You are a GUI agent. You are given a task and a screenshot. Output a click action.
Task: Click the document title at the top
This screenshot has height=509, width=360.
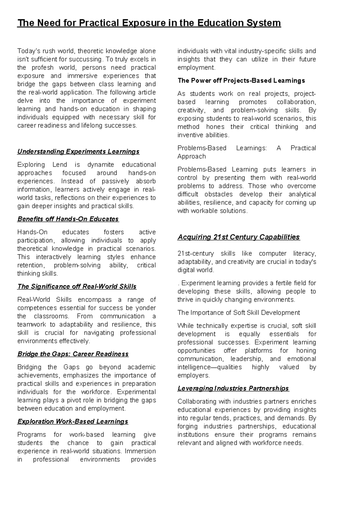[x=149, y=23]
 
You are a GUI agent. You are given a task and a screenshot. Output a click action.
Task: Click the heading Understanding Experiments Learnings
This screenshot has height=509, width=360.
[x=78, y=152]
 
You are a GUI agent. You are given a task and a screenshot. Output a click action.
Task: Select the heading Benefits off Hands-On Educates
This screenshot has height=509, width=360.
[x=68, y=219]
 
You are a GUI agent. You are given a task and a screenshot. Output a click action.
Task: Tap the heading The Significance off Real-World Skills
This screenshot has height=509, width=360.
[x=77, y=287]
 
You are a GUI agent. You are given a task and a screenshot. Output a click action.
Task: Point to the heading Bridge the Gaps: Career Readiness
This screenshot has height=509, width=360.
[x=73, y=354]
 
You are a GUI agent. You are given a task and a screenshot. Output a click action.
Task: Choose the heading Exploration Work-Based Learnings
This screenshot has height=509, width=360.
[x=73, y=422]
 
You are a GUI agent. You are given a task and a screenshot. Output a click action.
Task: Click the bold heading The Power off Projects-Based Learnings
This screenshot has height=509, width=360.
[x=241, y=80]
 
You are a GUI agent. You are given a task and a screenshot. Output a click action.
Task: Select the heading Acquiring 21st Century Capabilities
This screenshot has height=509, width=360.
[x=238, y=237]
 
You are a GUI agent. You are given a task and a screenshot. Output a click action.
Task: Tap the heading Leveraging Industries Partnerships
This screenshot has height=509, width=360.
[x=233, y=388]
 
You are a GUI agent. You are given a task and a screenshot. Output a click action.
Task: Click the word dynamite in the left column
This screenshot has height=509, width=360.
[x=101, y=165]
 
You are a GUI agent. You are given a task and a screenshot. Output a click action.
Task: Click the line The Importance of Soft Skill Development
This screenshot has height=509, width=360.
[x=238, y=313]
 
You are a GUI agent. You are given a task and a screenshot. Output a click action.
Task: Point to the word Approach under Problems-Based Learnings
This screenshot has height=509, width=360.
[x=191, y=156]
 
